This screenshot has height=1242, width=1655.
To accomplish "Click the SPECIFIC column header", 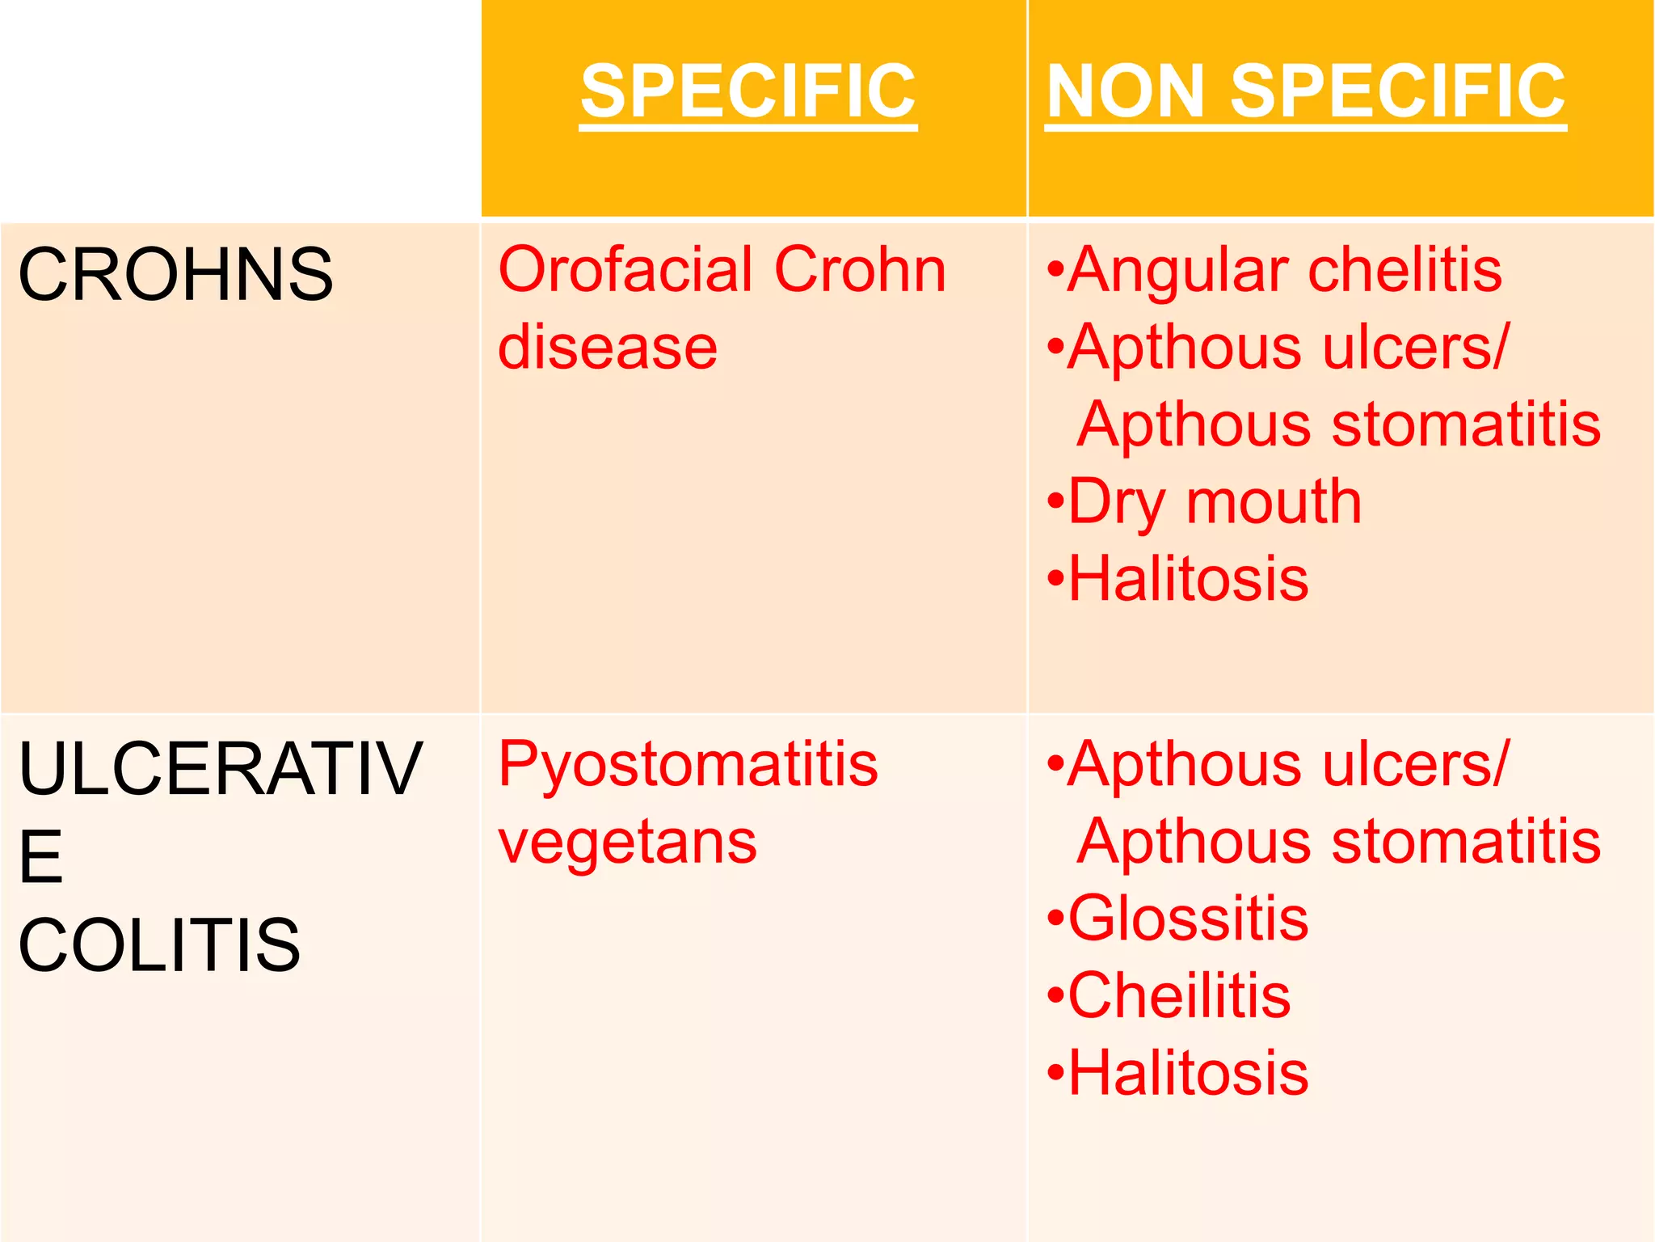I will tap(748, 91).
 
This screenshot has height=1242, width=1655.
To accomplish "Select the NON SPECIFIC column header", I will tap(1305, 91).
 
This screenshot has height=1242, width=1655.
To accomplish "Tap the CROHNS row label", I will tap(175, 275).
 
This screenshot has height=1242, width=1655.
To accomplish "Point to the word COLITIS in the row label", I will tap(159, 944).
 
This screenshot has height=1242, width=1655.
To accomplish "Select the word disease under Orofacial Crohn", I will tap(608, 347).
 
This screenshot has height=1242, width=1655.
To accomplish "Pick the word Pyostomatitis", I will tap(688, 763).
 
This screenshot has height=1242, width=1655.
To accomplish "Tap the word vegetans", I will tap(628, 841).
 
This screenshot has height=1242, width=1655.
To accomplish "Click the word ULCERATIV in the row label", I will tap(220, 768).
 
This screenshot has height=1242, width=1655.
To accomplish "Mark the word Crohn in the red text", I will tap(859, 269).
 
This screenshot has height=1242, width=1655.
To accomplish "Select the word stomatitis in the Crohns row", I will tap(1466, 425).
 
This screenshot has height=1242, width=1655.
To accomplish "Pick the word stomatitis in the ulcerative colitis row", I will tap(1466, 841).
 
